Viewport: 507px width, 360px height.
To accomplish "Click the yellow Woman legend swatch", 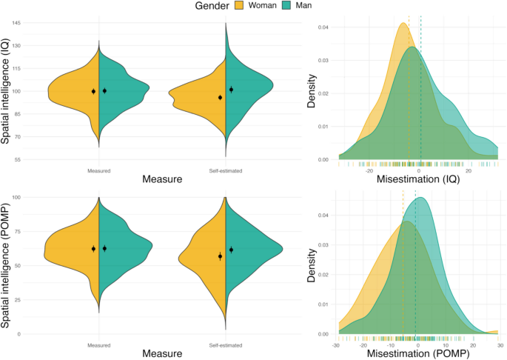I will coord(241,7).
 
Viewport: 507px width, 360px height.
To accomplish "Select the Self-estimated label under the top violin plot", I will coord(226,171).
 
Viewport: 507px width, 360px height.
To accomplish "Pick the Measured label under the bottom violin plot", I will coord(98,346).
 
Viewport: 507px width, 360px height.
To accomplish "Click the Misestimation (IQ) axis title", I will coord(418,180).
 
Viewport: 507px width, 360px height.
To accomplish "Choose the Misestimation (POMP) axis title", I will coord(417,355).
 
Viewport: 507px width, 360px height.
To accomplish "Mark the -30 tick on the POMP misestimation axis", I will coord(337,345).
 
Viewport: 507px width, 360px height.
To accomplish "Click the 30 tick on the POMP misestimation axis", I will coord(500,345).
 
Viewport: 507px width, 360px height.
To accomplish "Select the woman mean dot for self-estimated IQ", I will coord(221,97).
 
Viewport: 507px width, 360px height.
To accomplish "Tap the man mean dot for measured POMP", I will coord(105,248).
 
